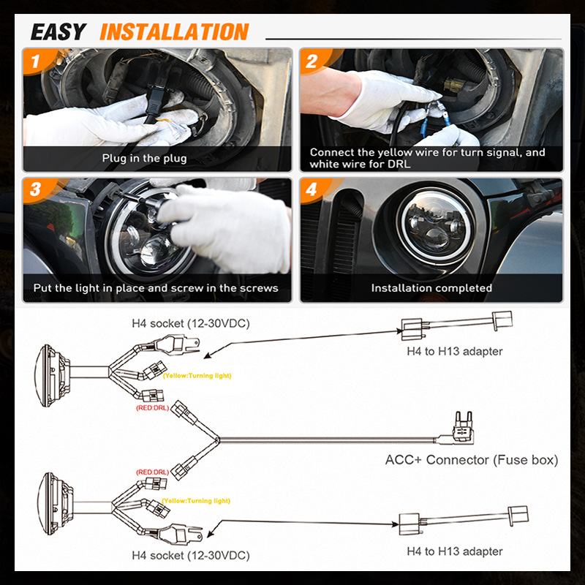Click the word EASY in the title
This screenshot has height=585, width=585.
(58, 32)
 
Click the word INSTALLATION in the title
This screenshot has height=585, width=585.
(174, 32)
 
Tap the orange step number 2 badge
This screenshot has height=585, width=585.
(312, 61)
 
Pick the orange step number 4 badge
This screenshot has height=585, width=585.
(312, 190)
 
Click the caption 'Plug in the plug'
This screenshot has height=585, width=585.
(144, 158)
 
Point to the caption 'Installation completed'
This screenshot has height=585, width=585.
(431, 288)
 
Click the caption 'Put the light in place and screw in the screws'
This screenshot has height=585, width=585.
(156, 288)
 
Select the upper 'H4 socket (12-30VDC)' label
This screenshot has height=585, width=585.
(191, 322)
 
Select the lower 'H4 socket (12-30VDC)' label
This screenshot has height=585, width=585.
(191, 555)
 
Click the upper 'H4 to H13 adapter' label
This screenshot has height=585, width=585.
(455, 351)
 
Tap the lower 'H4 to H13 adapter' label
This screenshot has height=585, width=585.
(455, 551)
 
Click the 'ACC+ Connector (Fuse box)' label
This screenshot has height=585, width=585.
(472, 460)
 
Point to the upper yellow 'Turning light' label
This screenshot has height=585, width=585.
(197, 375)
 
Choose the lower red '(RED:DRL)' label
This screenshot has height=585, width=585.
(152, 472)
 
